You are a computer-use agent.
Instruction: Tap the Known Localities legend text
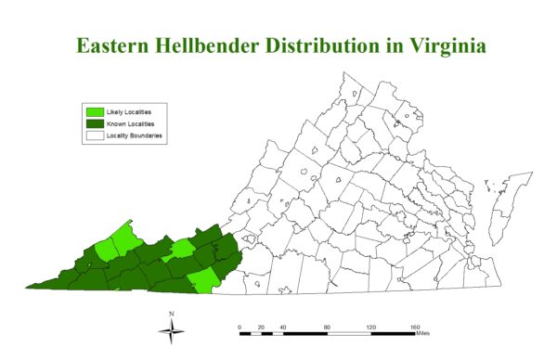click(x=131, y=123)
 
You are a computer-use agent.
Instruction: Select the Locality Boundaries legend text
click(x=136, y=135)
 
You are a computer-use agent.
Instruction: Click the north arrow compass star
click(x=172, y=332)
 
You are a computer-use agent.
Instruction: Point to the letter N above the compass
click(x=172, y=315)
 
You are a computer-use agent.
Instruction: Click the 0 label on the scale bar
click(x=240, y=327)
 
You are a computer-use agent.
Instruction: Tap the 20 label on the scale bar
click(x=261, y=327)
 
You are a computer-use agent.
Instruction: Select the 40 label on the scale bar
click(x=283, y=327)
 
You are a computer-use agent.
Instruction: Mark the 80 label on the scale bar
click(x=327, y=327)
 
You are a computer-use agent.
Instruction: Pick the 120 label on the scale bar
click(x=370, y=327)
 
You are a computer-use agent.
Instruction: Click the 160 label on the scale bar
click(x=414, y=327)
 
